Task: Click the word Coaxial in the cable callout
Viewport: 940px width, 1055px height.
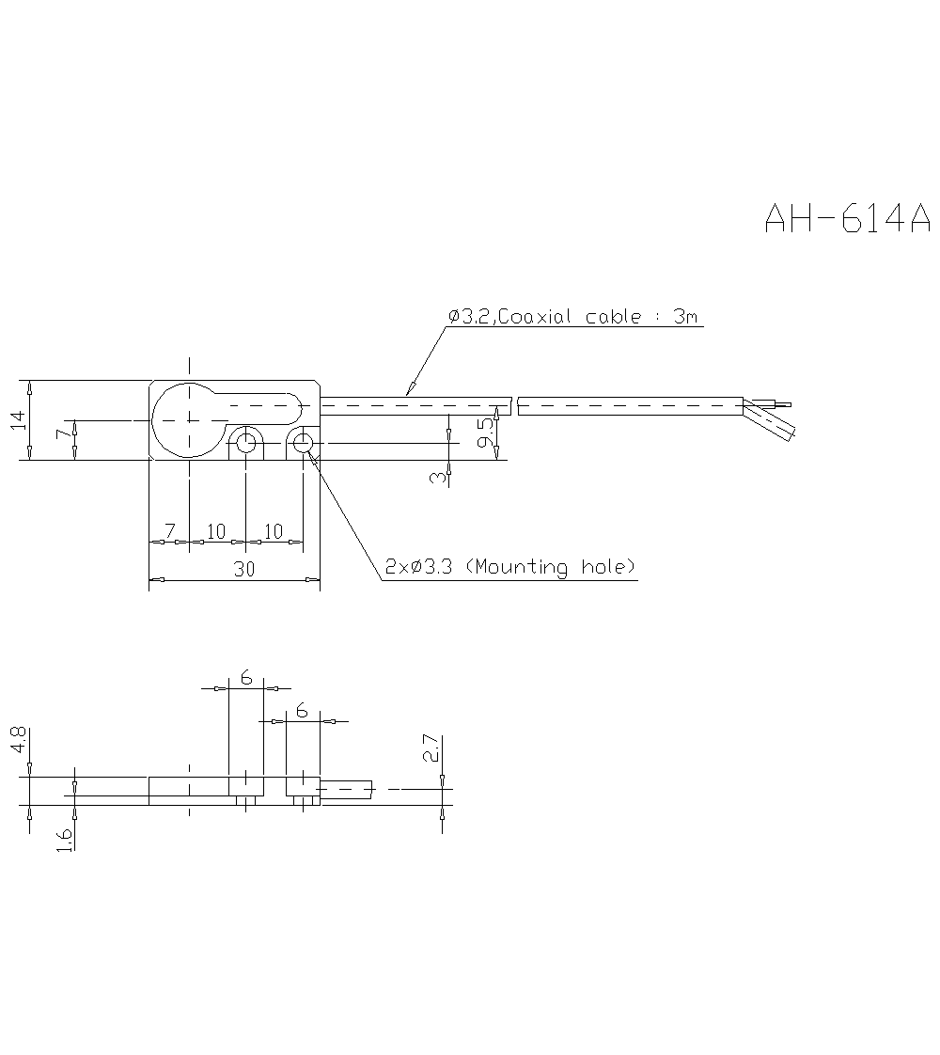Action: point(536,317)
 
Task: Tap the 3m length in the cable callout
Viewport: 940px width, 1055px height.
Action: point(685,317)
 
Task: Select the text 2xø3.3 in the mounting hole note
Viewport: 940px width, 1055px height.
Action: point(421,567)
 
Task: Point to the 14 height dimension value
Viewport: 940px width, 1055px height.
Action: point(18,421)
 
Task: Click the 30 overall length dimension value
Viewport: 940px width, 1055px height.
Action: point(245,569)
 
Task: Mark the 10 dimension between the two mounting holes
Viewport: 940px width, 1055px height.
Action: point(274,531)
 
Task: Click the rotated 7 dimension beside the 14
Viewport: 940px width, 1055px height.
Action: point(62,433)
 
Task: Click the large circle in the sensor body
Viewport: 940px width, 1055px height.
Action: point(190,419)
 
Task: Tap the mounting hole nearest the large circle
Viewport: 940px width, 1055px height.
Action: point(246,442)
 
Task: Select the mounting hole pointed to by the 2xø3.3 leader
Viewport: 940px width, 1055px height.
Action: point(303,442)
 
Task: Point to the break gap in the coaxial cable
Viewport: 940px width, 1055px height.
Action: point(514,406)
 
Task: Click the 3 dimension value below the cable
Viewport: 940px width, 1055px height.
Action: point(437,477)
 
